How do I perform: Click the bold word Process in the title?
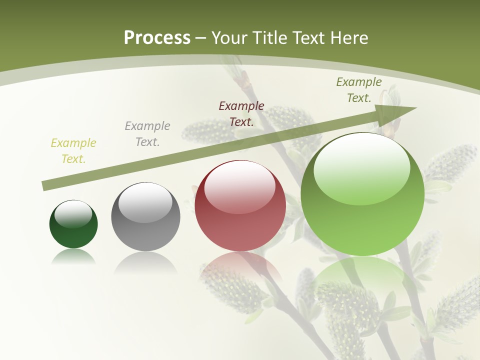157,38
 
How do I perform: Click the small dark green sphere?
73,224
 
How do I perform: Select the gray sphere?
145,216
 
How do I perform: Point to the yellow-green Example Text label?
73,151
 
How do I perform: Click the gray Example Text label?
147,134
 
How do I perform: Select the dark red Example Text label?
241,113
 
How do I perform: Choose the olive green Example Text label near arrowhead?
358,90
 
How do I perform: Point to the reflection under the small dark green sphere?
73,256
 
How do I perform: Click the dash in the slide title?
201,38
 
